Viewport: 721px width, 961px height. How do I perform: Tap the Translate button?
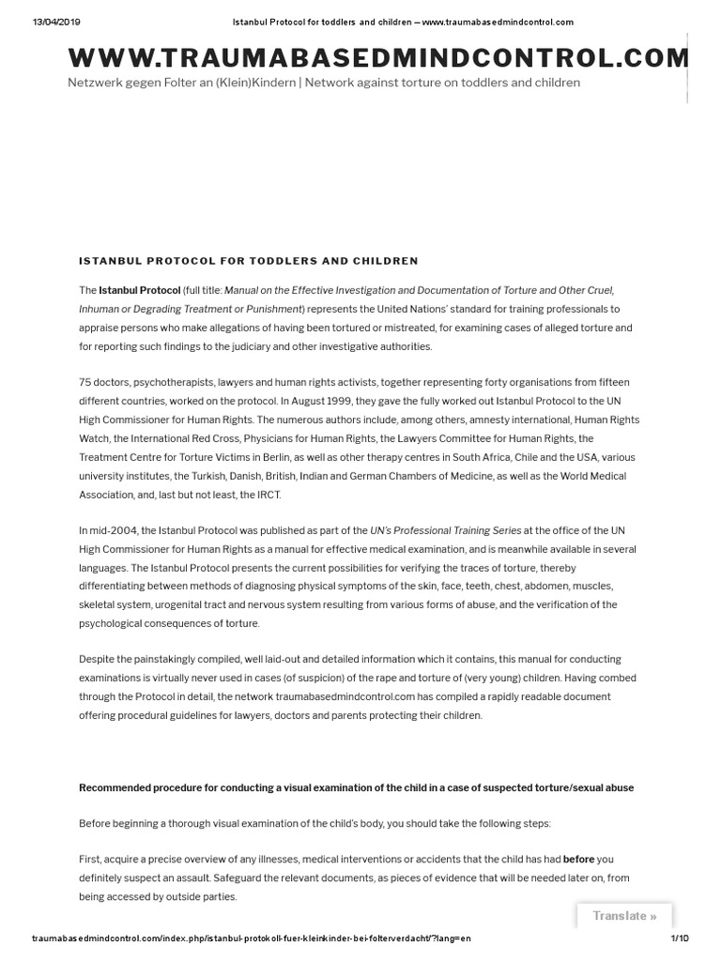pos(624,916)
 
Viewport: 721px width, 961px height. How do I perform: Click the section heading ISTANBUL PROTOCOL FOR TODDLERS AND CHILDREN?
pos(249,260)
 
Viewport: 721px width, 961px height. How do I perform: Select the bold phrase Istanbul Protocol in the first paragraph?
pos(140,290)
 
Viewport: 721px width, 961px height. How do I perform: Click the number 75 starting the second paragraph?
pos(85,382)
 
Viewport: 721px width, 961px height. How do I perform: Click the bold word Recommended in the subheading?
pos(116,787)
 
